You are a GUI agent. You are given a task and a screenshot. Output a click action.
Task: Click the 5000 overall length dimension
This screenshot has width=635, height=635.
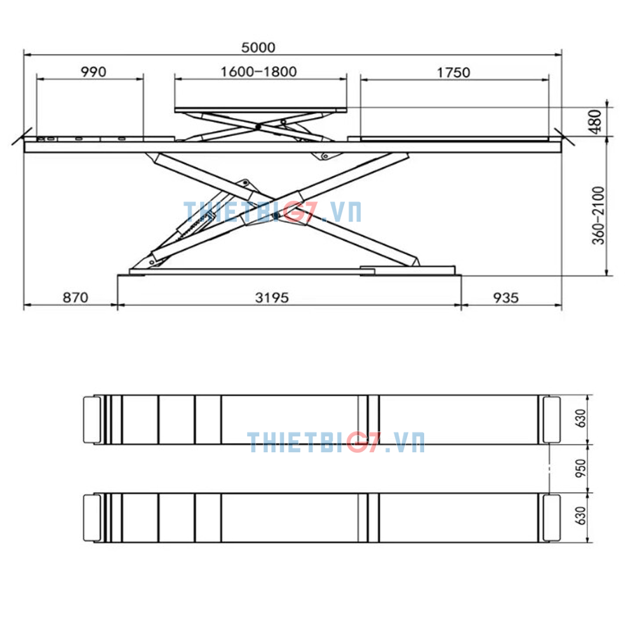(258, 48)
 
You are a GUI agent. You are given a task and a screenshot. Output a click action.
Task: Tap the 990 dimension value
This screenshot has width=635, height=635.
(93, 72)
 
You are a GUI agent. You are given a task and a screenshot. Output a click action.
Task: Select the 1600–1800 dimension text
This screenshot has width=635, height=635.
(258, 72)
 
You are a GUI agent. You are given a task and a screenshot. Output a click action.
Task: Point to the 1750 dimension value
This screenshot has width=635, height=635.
(453, 72)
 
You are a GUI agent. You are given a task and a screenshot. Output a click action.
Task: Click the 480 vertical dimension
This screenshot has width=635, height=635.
(596, 121)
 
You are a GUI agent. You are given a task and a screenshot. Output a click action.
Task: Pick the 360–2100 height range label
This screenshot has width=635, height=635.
(598, 215)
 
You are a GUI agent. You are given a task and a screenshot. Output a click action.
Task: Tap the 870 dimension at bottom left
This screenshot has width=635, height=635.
(76, 298)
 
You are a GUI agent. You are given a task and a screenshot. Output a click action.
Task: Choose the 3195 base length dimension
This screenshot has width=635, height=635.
(272, 298)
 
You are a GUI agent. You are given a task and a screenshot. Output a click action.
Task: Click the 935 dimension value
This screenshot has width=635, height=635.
(506, 298)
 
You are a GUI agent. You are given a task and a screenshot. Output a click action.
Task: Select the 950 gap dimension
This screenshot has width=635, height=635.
(581, 469)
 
